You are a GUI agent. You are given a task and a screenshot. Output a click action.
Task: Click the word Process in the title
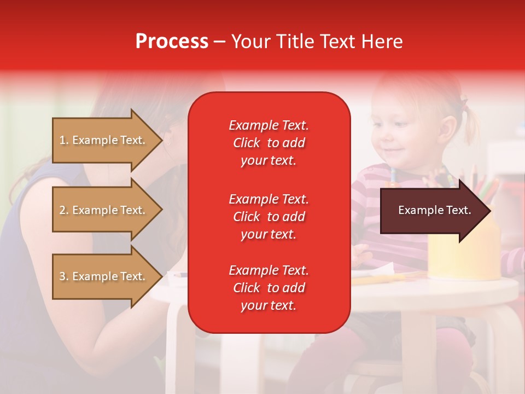coord(172,42)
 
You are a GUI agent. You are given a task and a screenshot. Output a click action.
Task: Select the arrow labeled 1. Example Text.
coord(104,140)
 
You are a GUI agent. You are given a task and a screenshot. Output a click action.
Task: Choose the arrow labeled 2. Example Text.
coord(104,210)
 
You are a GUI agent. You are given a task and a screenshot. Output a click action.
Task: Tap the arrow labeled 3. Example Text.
coord(104,276)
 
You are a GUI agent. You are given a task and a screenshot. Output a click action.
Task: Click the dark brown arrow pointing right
coord(432,211)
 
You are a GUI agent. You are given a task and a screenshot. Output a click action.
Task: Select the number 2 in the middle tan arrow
coord(62,210)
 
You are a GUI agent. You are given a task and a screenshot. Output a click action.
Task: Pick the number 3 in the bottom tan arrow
coord(62,276)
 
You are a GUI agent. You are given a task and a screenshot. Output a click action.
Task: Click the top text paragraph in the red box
coord(269,143)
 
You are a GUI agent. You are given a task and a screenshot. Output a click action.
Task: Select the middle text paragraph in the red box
coord(269,217)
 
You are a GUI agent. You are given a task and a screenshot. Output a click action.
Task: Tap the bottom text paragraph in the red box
coord(269,288)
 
